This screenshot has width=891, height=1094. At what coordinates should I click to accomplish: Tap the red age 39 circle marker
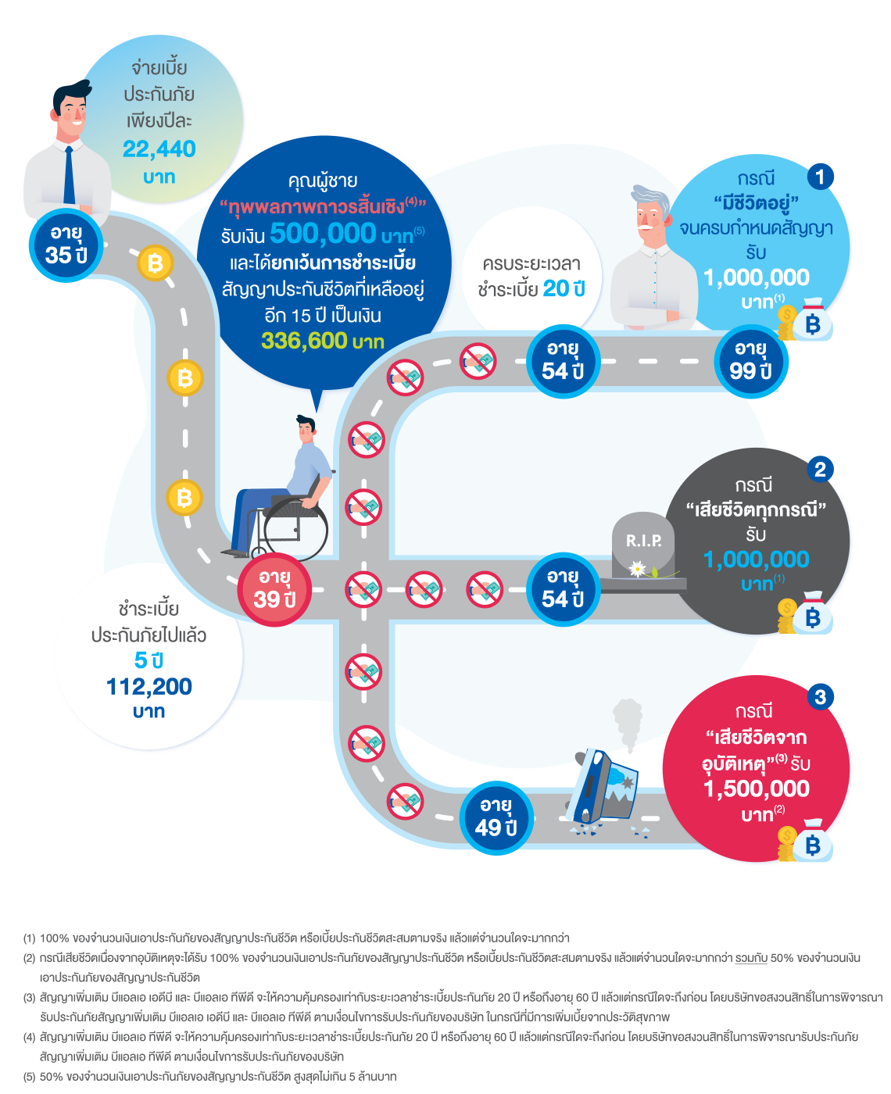coord(274,589)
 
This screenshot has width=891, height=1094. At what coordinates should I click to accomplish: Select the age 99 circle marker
coord(750,360)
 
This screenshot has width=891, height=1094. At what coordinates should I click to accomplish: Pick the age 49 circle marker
coord(496,817)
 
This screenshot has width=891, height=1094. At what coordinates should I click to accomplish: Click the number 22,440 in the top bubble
coord(159,148)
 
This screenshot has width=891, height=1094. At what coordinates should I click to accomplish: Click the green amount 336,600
coord(304,341)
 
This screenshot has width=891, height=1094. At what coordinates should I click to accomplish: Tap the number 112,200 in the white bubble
coord(149,687)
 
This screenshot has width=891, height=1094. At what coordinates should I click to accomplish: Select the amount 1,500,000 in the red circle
coord(757,788)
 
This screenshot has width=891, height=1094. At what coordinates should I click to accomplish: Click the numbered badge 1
coord(819,177)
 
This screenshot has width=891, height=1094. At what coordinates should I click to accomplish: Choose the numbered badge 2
coord(819,469)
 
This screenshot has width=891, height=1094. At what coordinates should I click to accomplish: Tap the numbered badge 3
coord(819,696)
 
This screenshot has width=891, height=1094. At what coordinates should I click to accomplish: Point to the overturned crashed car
coord(607,785)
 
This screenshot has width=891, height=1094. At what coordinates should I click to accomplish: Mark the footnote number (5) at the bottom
coord(29,1076)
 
